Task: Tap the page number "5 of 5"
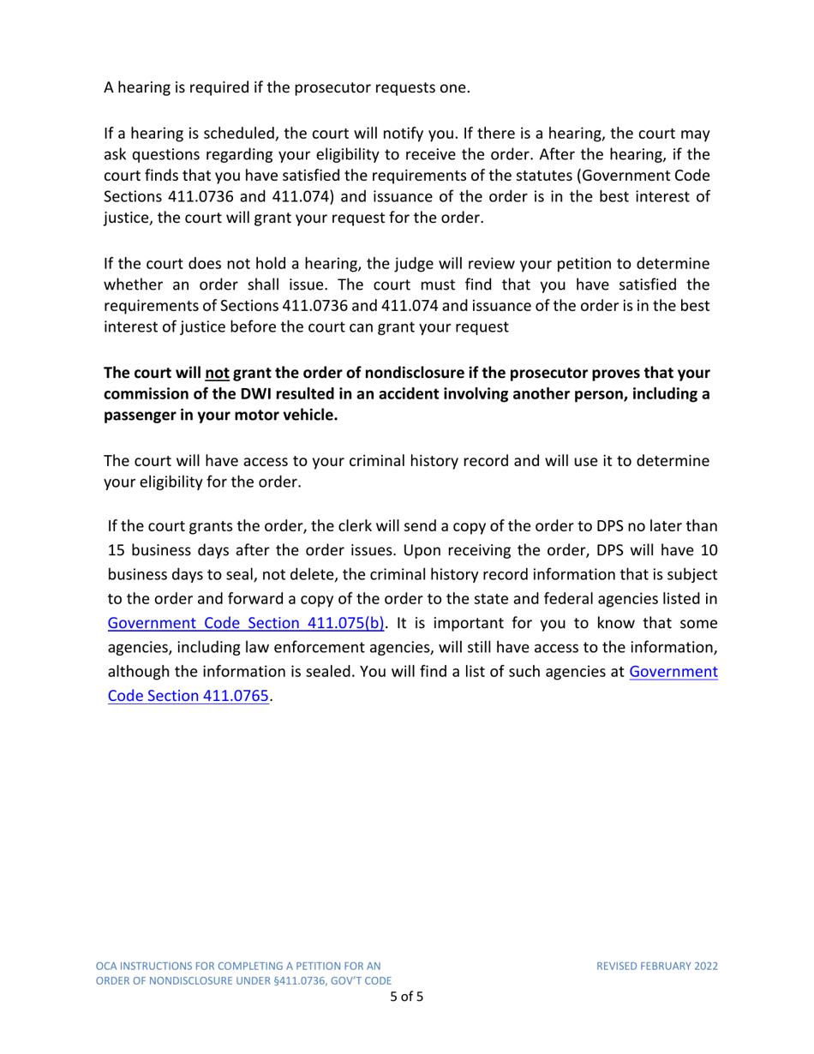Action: [407, 997]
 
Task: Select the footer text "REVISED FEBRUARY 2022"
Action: [657, 967]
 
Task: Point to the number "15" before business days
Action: [117, 547]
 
